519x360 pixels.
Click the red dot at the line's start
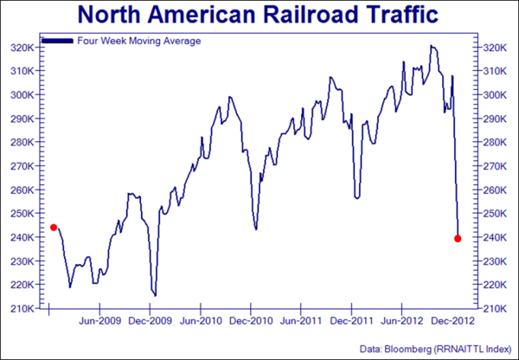coord(54,228)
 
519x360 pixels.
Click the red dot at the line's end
coord(458,239)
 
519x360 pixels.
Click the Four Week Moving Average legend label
coord(127,41)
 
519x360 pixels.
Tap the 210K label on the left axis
coord(22,308)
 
